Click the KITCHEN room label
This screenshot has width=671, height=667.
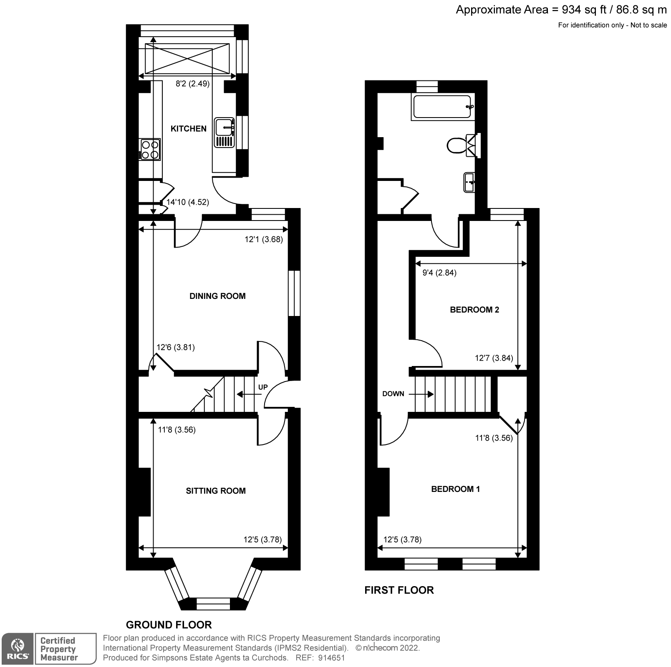point(188,128)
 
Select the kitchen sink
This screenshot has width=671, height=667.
point(225,133)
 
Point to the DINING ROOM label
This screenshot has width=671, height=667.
point(217,296)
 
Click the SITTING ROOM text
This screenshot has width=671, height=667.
point(216,491)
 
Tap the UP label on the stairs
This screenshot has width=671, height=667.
point(263,387)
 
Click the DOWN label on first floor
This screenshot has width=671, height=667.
point(393,394)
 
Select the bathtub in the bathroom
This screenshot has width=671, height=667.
point(442,107)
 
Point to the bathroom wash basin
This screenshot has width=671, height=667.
point(469,182)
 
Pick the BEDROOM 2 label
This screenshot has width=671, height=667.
point(474,310)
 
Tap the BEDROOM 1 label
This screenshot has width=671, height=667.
point(455,489)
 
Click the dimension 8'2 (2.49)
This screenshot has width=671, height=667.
point(192,84)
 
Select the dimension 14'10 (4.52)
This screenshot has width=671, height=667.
point(187,202)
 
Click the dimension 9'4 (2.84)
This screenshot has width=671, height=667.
point(439,273)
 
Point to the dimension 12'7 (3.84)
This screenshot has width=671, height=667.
point(494,358)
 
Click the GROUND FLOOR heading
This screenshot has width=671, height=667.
point(169,624)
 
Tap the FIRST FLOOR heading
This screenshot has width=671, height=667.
point(399,590)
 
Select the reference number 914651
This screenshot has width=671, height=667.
point(331,658)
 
